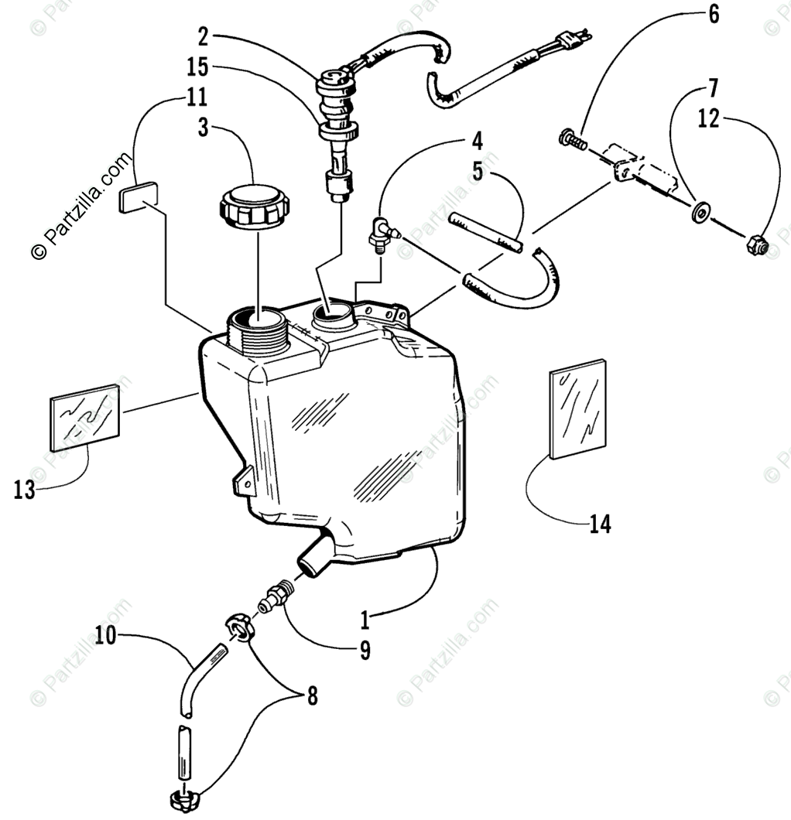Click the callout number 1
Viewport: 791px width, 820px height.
(365, 620)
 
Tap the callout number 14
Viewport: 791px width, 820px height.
(600, 524)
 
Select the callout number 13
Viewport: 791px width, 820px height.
(25, 490)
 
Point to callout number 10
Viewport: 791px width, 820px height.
(106, 636)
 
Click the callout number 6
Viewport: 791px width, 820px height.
(713, 14)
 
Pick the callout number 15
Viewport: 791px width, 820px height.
(197, 67)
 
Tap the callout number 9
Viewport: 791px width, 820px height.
(364, 651)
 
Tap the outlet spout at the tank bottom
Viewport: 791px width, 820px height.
(313, 558)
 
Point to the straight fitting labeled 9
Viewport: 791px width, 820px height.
(276, 596)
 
